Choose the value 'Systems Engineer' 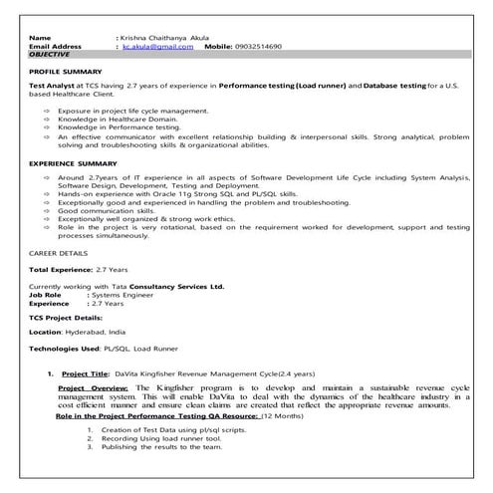click(123, 295)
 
